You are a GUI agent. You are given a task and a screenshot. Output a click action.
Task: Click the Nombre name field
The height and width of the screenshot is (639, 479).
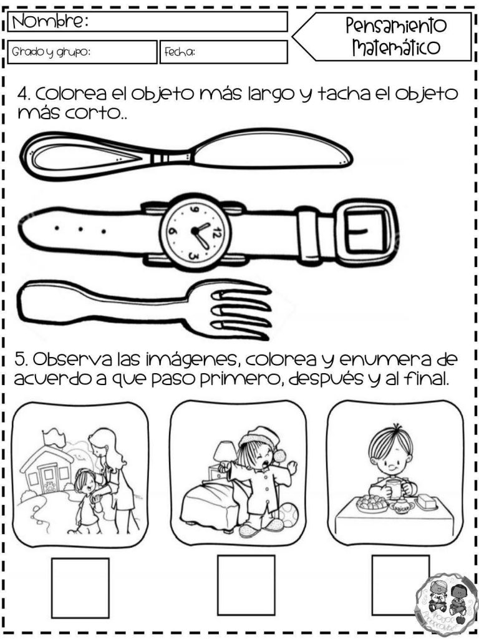[187, 22]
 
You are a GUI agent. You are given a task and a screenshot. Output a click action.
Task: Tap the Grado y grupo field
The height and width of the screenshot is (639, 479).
[83, 52]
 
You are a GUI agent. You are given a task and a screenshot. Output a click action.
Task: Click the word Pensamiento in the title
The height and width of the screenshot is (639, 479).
[395, 26]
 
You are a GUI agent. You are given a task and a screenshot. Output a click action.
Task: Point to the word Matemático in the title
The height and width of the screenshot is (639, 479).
[395, 47]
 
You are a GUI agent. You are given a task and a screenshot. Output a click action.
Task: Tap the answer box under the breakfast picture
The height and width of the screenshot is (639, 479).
[400, 584]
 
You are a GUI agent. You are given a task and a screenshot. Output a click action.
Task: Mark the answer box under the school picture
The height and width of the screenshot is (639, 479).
[80, 587]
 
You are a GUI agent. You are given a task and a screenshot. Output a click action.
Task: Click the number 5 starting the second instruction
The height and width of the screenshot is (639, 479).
[21, 361]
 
